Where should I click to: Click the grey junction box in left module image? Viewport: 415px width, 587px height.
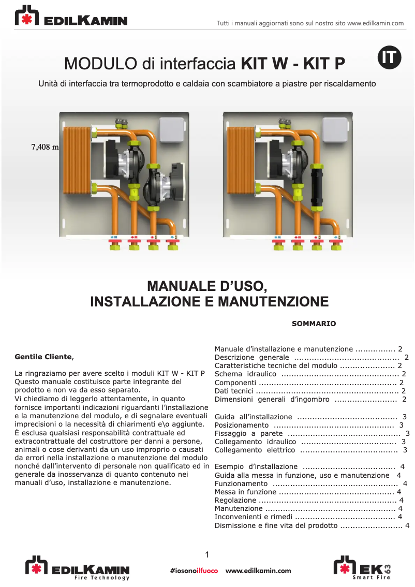(x=172, y=130)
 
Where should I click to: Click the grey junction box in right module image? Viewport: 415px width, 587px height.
(x=336, y=130)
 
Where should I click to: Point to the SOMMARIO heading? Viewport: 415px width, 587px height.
(x=314, y=324)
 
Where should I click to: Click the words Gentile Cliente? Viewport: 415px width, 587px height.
(x=43, y=357)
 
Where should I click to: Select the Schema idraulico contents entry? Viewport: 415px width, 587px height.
(x=246, y=374)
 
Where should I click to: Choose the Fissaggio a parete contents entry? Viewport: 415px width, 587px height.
(x=249, y=433)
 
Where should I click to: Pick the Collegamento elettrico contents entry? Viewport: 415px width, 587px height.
(x=255, y=450)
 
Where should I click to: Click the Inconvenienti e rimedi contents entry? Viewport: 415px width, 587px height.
(x=254, y=517)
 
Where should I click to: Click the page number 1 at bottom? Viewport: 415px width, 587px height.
(x=207, y=555)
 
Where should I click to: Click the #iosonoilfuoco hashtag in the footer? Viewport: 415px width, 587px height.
(x=194, y=570)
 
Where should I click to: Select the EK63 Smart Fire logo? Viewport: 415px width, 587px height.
(x=362, y=567)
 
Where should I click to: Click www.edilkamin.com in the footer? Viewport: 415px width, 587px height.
(x=258, y=570)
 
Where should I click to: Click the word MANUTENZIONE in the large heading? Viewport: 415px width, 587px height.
(x=272, y=301)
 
